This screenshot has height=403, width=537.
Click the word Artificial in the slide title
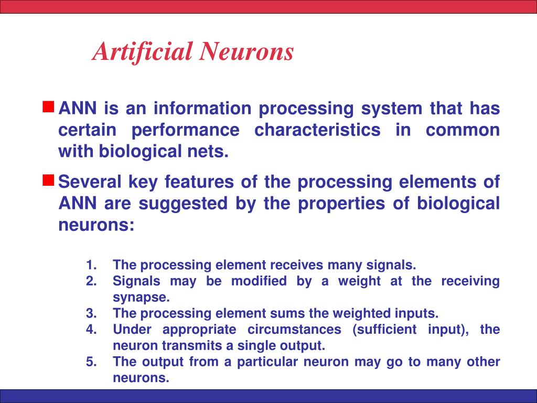[142, 52]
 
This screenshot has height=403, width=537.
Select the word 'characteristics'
[317, 130]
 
